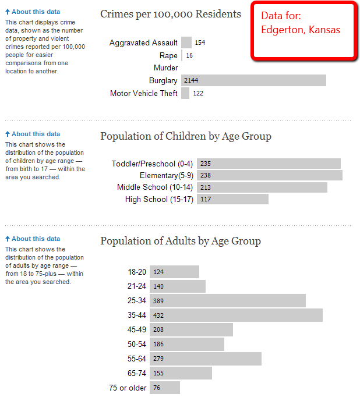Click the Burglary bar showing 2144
pyautogui.click(x=253, y=80)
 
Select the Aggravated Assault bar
pyautogui.click(x=186, y=42)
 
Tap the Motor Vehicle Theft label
pyautogui.click(x=144, y=93)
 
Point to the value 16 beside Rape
pyautogui.click(x=189, y=55)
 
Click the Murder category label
pyautogui.click(x=165, y=68)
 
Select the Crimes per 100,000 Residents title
pyautogui.click(x=171, y=14)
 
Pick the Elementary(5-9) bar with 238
pyautogui.click(x=269, y=175)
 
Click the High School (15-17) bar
pyautogui.click(x=232, y=199)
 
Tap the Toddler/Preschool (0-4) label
pyautogui.click(x=152, y=164)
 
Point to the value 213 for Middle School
pyautogui.click(x=205, y=187)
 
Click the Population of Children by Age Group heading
pyautogui.click(x=186, y=136)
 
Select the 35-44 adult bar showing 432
pyautogui.click(x=236, y=315)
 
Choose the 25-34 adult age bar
pyautogui.click(x=228, y=301)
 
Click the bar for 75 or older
pyautogui.click(x=165, y=388)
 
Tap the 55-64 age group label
pyautogui.click(x=137, y=359)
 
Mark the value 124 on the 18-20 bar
pyautogui.click(x=158, y=272)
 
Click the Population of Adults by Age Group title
pyautogui.click(x=181, y=241)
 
